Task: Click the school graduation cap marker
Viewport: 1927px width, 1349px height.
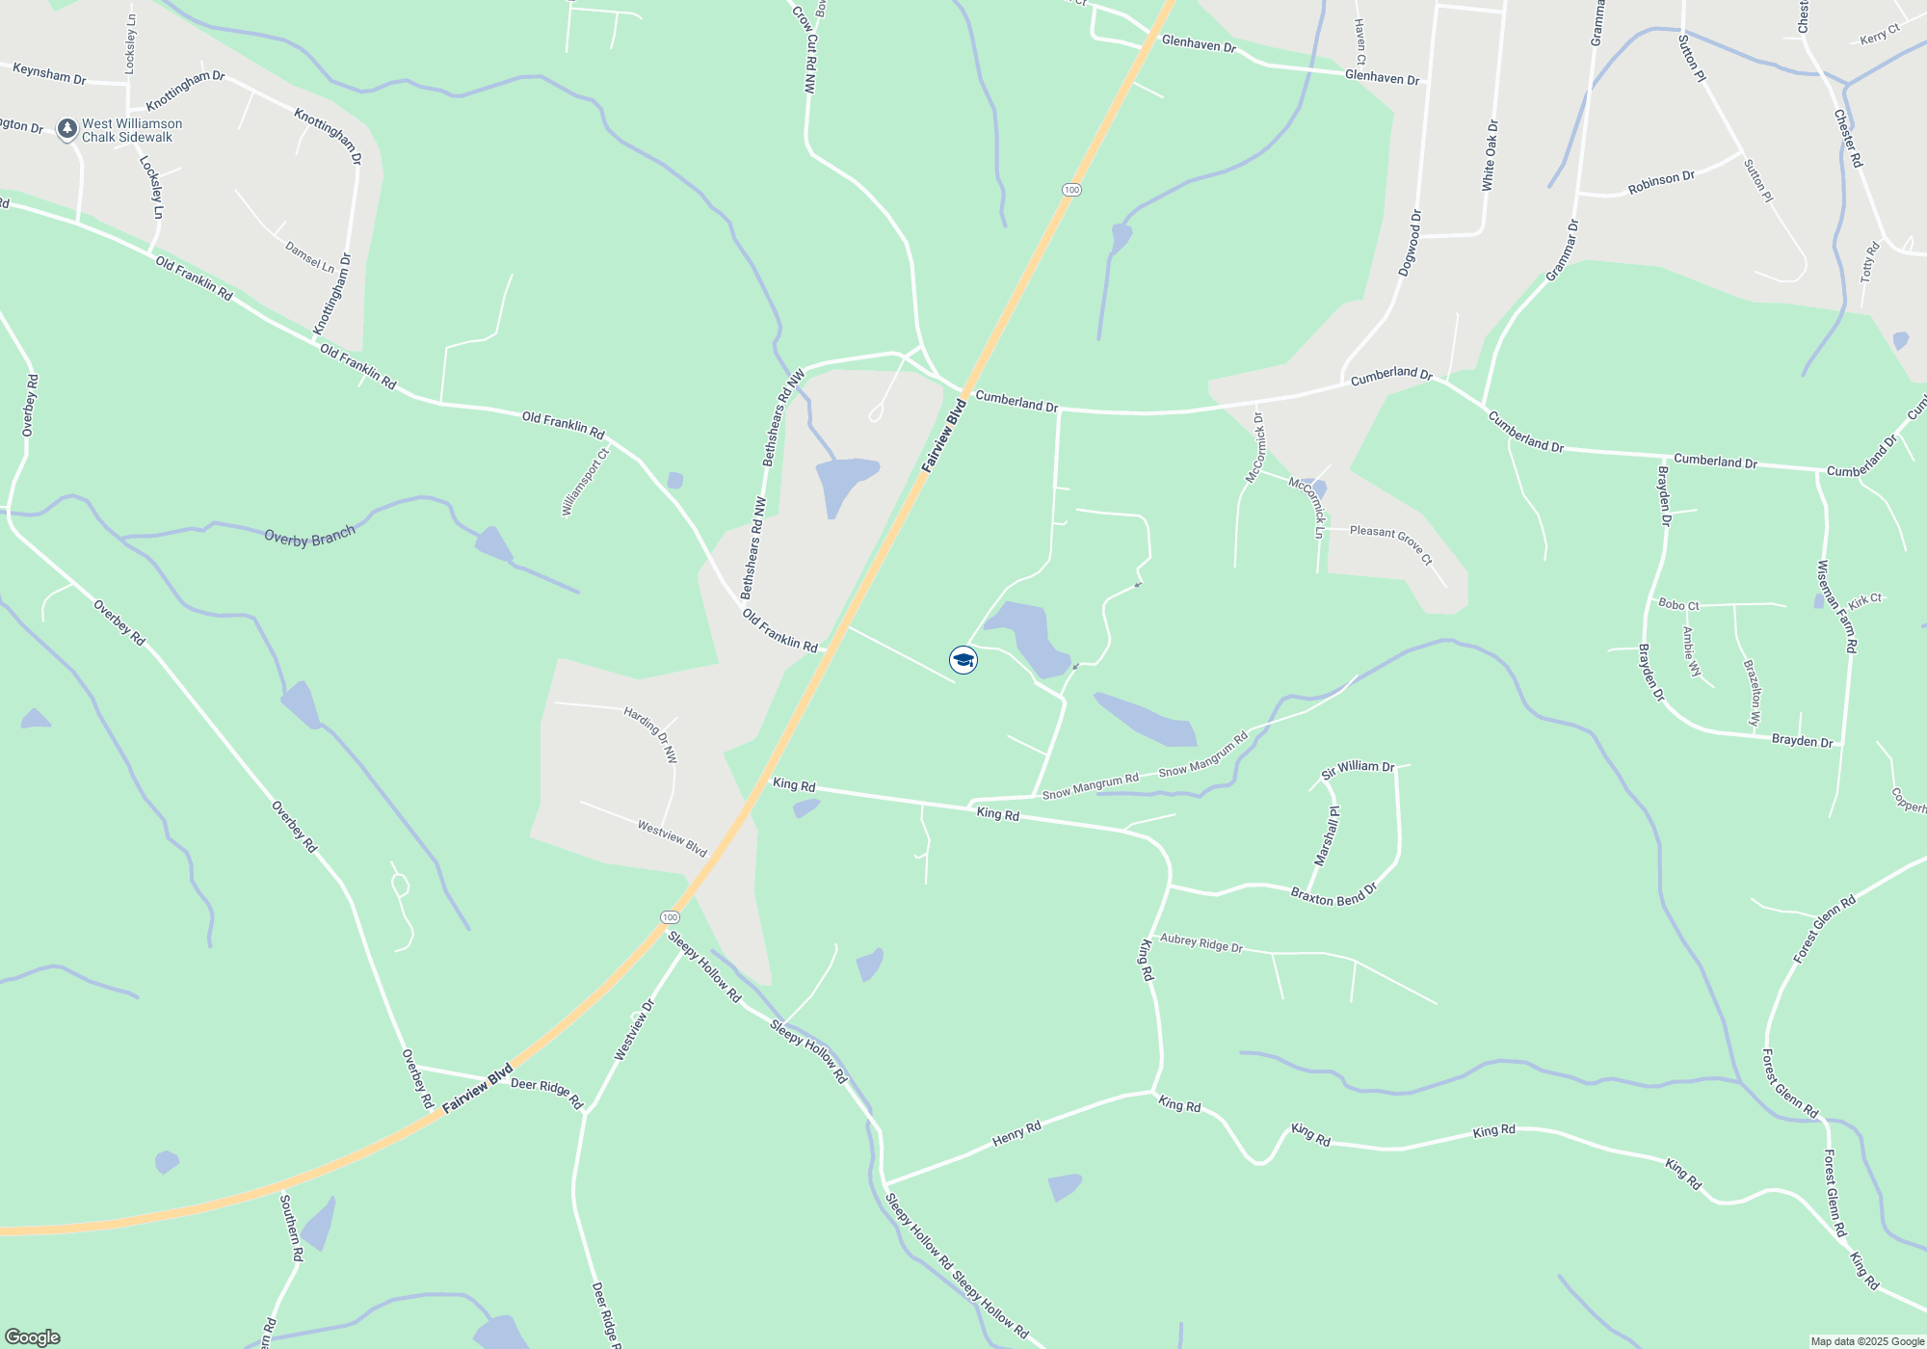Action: coord(963,660)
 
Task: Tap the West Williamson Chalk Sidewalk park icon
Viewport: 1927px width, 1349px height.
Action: coord(67,129)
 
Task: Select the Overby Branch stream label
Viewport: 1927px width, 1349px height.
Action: coord(309,537)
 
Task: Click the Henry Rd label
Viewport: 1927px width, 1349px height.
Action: coord(1016,1134)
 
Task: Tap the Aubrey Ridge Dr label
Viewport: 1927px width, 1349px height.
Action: coord(1201,943)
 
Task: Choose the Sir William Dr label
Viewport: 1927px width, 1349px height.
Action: coord(1358,768)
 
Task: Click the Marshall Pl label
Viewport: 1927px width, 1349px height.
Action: coord(1327,836)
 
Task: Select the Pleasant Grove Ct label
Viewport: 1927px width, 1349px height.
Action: coord(1390,544)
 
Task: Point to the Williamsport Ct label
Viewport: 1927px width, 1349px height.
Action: coord(586,482)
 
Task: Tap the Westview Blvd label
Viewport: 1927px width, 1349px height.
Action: coord(672,838)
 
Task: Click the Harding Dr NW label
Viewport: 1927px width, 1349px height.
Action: coord(650,734)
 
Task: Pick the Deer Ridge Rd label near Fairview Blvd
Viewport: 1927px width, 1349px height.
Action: coord(546,1092)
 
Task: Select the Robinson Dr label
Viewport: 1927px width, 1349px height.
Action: coord(1661,183)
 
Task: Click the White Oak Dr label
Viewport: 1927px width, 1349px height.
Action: coord(1491,155)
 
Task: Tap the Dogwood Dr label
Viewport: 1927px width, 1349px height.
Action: coord(1410,243)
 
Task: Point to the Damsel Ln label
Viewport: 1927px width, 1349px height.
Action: coord(309,256)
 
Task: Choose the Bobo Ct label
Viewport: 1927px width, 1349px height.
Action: coord(1678,605)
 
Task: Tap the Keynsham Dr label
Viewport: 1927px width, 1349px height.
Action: coord(49,73)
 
